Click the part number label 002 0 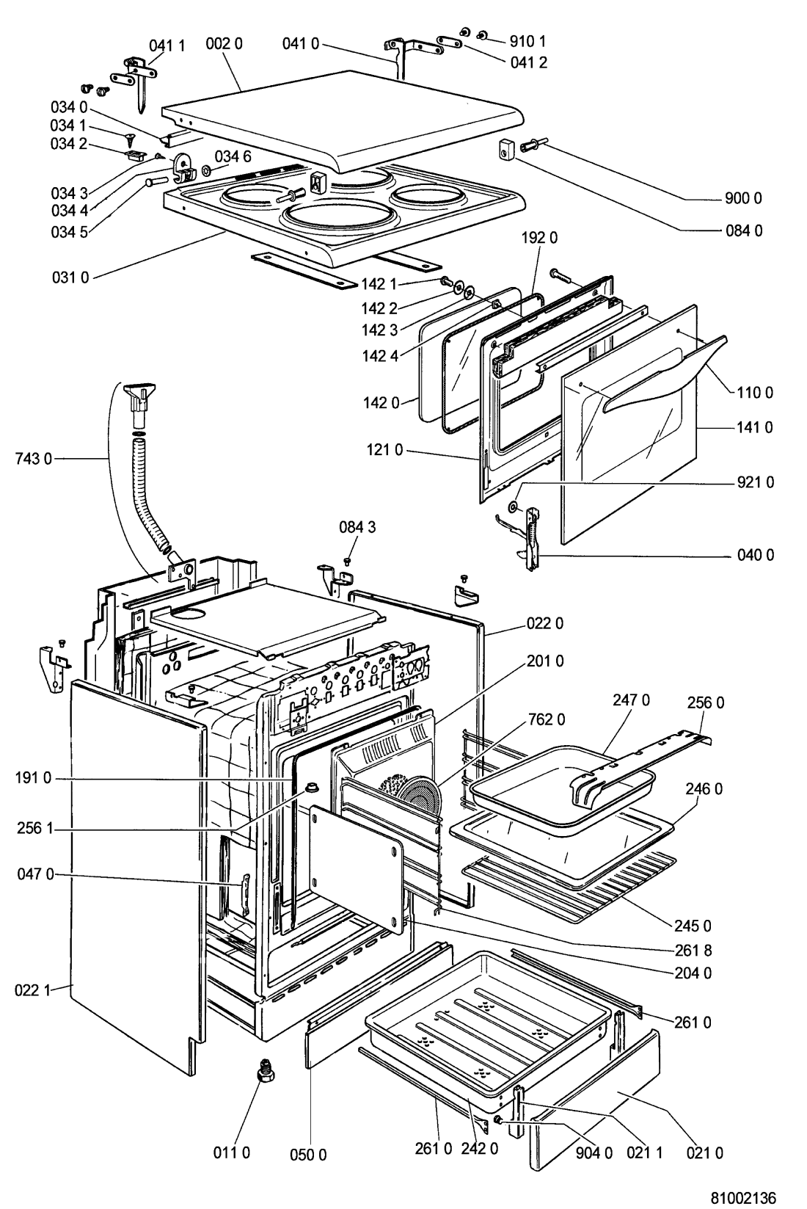(x=224, y=44)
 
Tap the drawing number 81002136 (x=742, y=1197)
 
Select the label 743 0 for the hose (x=34, y=459)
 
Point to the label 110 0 (x=754, y=393)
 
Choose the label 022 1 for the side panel (x=32, y=990)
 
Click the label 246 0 (x=704, y=788)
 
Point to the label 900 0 (x=743, y=199)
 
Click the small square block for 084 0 (x=506, y=150)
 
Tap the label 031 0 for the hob (x=70, y=277)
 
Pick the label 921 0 (x=755, y=482)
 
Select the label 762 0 (x=547, y=719)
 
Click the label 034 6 (x=233, y=156)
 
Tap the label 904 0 (x=594, y=1152)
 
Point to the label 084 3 (x=357, y=527)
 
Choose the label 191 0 (x=34, y=778)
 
